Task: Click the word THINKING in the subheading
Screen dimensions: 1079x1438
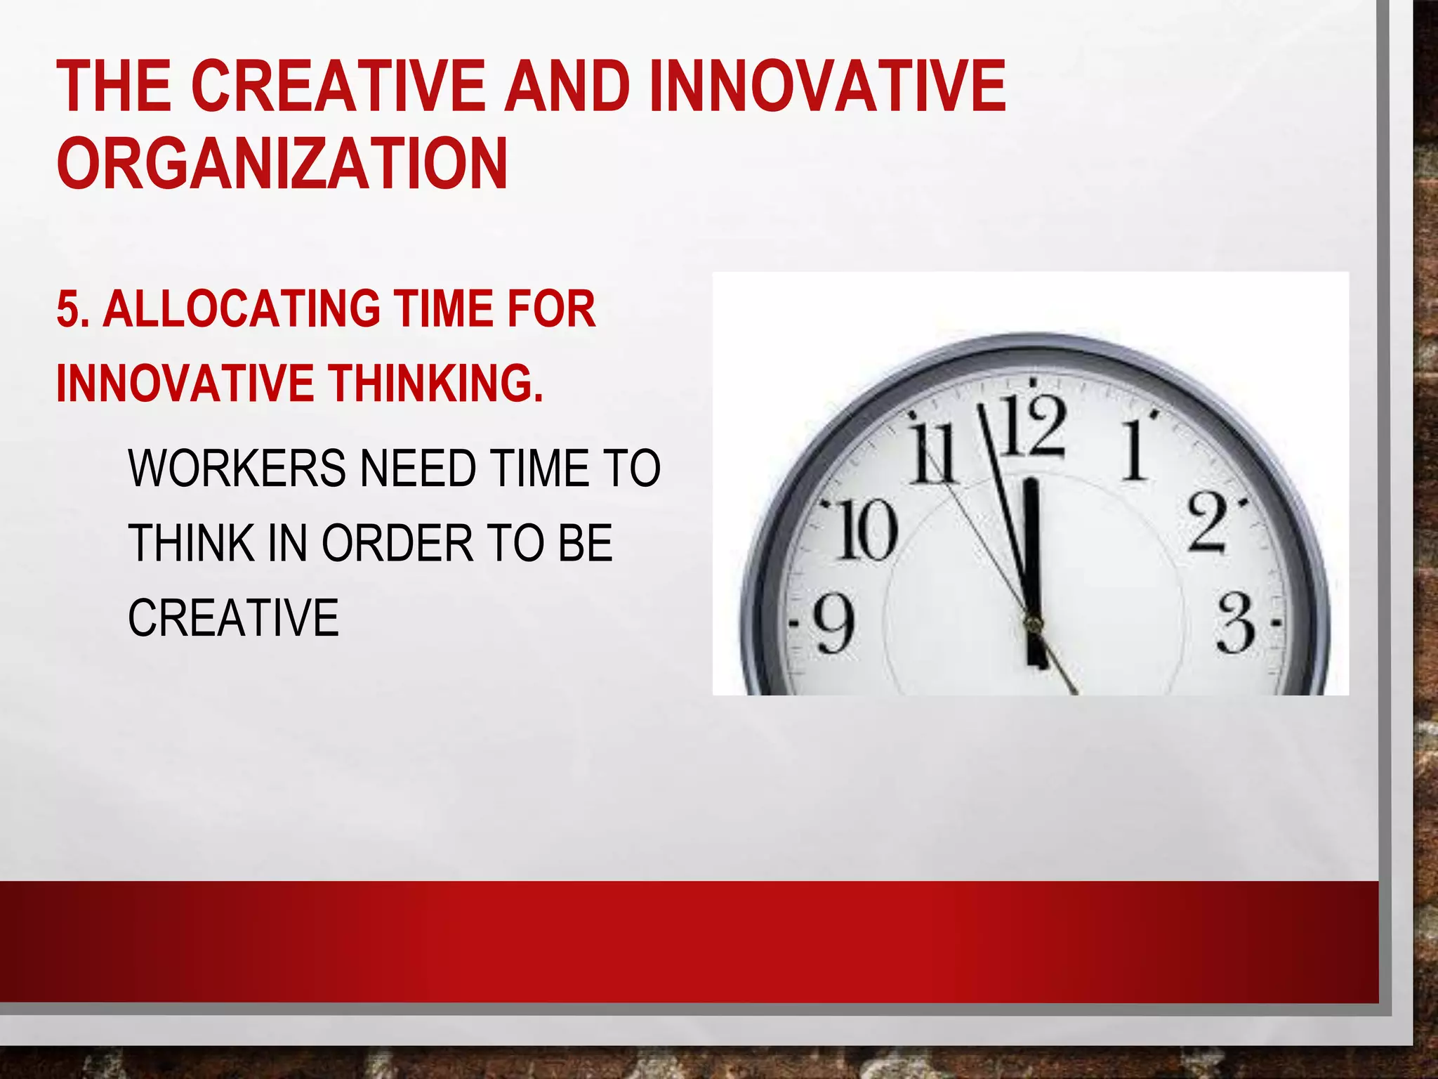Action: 436,384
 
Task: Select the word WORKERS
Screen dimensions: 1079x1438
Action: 237,469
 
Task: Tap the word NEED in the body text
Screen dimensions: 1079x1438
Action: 418,469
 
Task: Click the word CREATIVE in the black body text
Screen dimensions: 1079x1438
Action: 233,617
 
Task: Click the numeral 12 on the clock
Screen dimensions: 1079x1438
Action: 1032,426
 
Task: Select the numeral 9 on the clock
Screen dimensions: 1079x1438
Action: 834,624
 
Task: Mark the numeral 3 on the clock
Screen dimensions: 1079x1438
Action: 1235,622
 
